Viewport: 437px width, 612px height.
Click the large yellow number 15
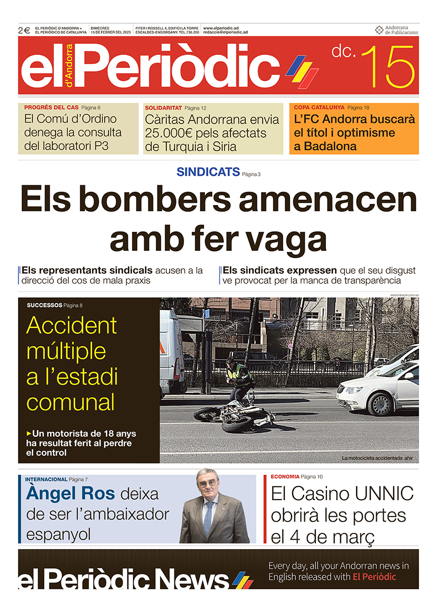[x=389, y=67]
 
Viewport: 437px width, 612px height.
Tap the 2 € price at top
[x=24, y=31]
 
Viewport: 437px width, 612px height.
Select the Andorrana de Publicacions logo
[x=396, y=30]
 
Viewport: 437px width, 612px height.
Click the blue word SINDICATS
[x=208, y=172]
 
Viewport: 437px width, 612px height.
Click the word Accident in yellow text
[x=71, y=325]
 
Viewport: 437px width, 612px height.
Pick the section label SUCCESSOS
[x=44, y=305]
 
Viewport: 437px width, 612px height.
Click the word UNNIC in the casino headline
[x=384, y=494]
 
